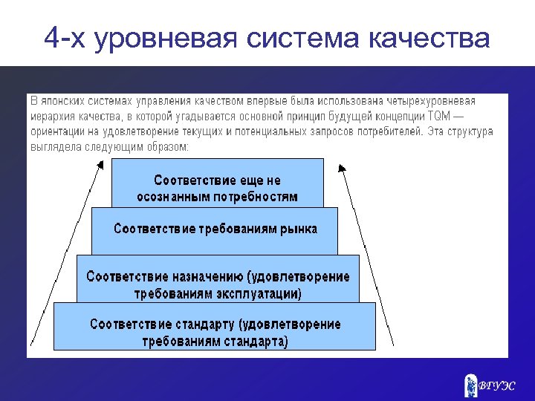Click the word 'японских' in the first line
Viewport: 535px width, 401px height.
click(x=68, y=100)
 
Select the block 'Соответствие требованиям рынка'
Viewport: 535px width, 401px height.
click(x=215, y=230)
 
